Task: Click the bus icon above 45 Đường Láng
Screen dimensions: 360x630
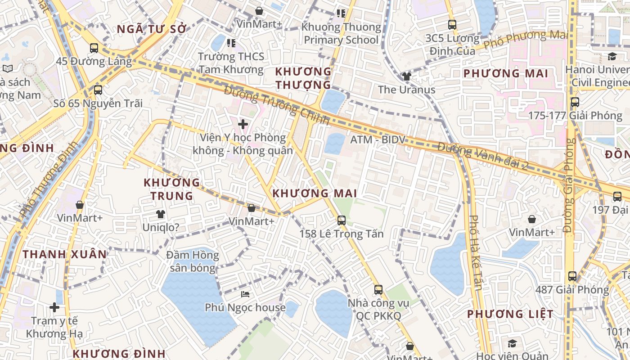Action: (x=94, y=48)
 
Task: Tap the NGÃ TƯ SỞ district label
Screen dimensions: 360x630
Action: (x=152, y=29)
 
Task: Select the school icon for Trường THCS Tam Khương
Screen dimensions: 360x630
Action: (x=231, y=43)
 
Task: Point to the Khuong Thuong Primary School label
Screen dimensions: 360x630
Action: (x=341, y=33)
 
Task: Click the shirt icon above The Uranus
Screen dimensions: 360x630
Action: (x=407, y=76)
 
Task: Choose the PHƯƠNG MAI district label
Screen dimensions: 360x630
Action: (x=506, y=73)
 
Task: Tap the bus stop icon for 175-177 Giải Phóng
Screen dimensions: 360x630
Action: (x=575, y=102)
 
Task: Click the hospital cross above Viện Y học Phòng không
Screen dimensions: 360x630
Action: (x=243, y=124)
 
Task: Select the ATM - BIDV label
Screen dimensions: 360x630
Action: (x=378, y=140)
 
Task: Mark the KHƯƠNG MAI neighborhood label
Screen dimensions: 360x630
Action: (x=315, y=193)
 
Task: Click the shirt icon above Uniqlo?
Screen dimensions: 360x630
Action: (x=160, y=214)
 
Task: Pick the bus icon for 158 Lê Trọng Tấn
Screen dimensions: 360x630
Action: (x=342, y=220)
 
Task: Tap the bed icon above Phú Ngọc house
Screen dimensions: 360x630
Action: (x=245, y=294)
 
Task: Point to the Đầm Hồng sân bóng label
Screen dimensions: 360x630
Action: (x=192, y=261)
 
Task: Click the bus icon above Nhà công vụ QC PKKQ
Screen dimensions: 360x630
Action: (x=378, y=290)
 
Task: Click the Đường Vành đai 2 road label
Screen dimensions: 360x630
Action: (x=483, y=156)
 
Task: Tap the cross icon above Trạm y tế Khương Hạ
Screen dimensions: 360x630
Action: (x=54, y=307)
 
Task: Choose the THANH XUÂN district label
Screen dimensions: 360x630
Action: (x=65, y=254)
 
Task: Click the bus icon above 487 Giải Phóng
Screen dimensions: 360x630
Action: (x=572, y=276)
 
